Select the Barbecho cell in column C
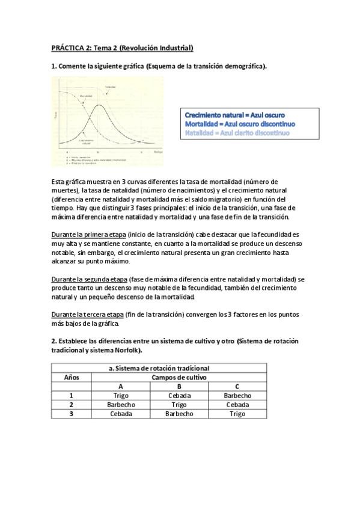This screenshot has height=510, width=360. (x=237, y=395)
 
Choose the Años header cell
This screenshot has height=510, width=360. (x=71, y=377)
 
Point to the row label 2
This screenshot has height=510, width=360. (x=71, y=405)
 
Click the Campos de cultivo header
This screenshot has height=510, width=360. (x=179, y=377)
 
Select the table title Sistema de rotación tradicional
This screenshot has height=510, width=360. (x=159, y=368)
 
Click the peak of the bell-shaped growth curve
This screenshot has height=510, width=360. (x=99, y=106)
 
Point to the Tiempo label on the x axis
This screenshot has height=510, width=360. (x=158, y=152)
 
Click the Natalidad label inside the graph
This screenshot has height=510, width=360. (x=111, y=88)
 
